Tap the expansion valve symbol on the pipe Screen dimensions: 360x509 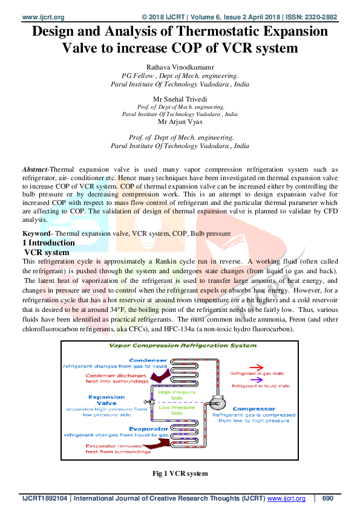147,401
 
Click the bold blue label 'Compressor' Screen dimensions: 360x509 254,409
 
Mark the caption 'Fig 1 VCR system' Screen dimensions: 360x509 180,474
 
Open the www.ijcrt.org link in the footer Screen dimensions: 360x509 286,499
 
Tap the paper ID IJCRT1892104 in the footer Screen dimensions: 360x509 44,499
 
